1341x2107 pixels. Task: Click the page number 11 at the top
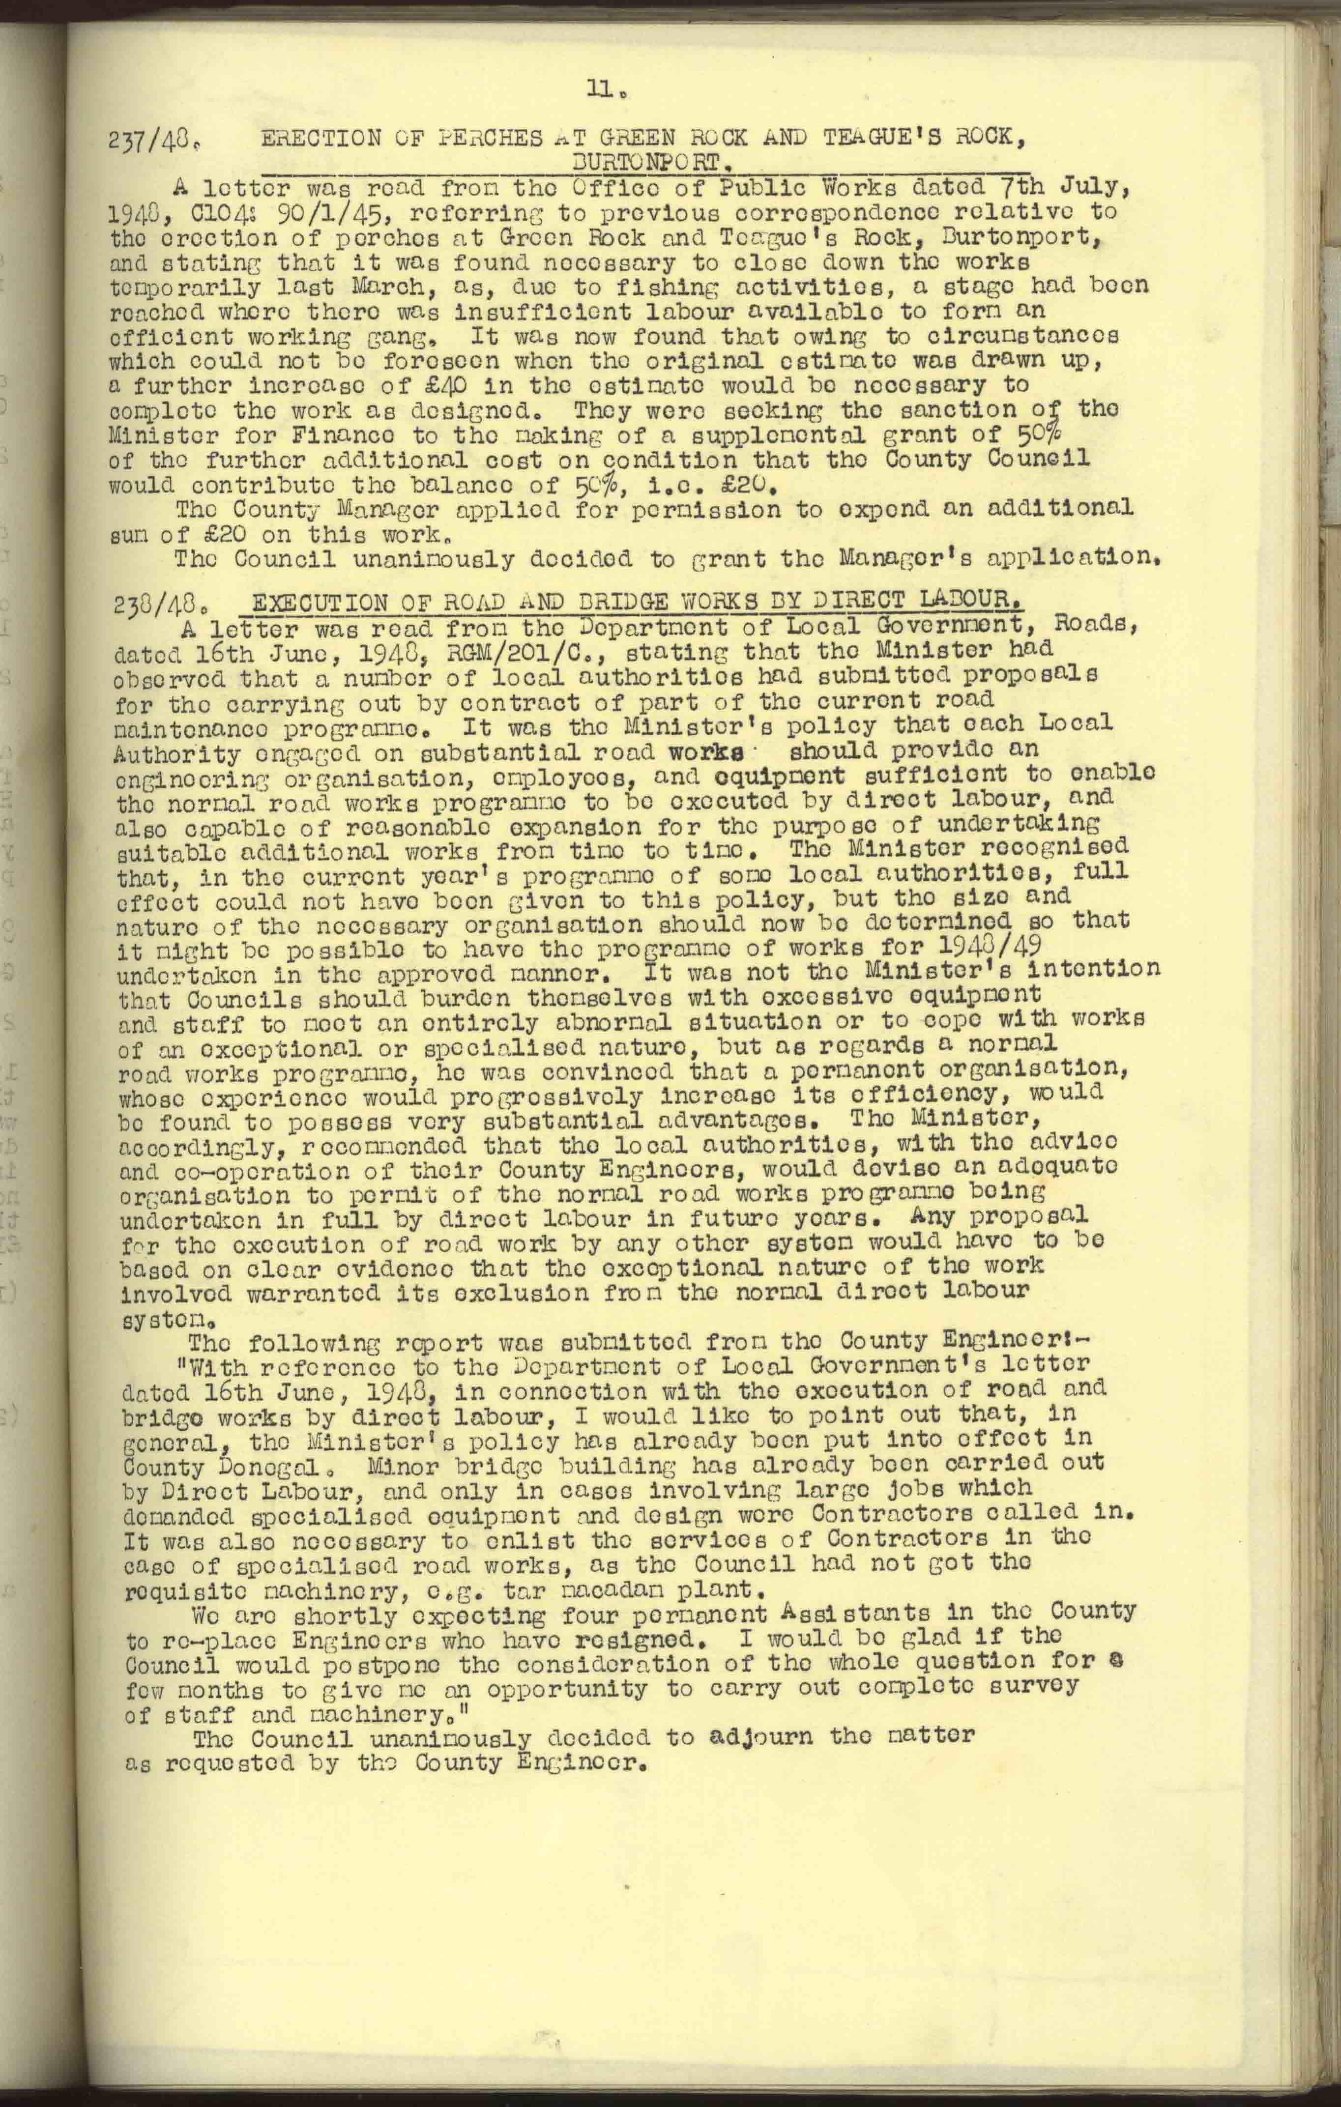(604, 88)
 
